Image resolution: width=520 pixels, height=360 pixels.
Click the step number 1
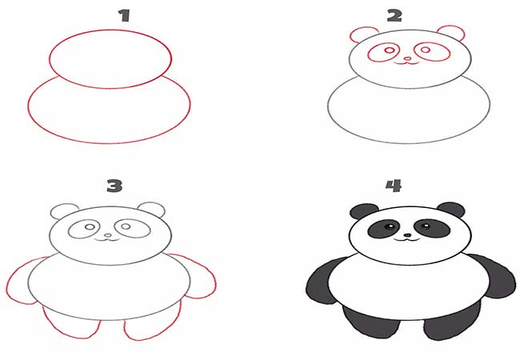[124, 15]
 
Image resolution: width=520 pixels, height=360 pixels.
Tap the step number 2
[394, 15]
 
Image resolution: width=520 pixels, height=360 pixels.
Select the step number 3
[114, 186]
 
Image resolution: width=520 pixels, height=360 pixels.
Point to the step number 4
[394, 186]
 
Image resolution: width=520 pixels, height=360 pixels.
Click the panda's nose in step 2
[407, 59]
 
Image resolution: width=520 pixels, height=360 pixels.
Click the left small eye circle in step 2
[390, 50]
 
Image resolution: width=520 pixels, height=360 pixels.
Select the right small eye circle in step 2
[426, 50]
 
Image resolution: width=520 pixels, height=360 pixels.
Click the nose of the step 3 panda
[108, 235]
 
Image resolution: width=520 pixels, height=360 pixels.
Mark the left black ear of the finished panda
[362, 211]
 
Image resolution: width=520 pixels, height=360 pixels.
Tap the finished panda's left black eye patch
[384, 228]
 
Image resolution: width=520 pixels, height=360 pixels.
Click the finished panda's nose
[407, 236]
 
